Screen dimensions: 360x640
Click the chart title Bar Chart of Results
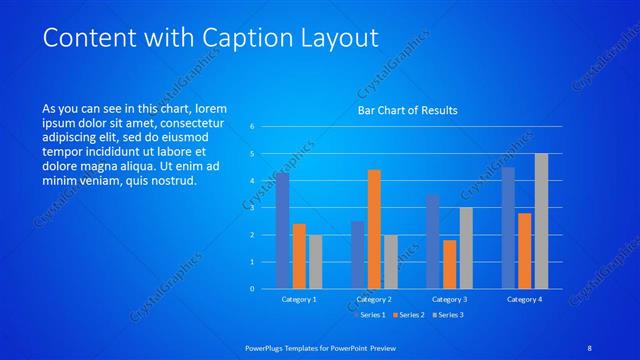tap(407, 110)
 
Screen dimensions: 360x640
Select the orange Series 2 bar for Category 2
tap(374, 229)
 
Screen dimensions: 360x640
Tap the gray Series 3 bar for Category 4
tap(541, 221)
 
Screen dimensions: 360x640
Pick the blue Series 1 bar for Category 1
tap(282, 230)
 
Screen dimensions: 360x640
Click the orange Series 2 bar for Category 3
tap(449, 264)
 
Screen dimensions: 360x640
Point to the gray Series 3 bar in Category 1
tap(315, 261)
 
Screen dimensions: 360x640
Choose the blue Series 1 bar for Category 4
tap(508, 228)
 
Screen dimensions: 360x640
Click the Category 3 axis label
tap(449, 299)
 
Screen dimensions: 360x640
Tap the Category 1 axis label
tap(299, 299)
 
